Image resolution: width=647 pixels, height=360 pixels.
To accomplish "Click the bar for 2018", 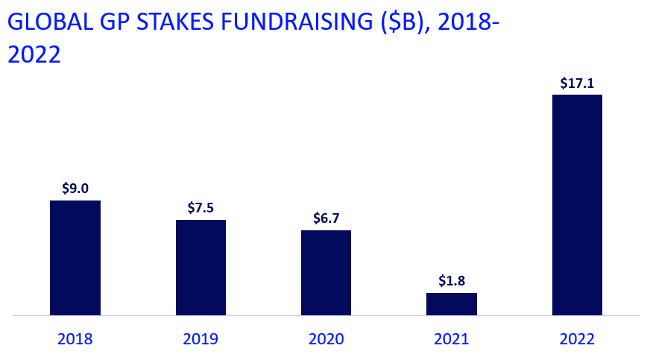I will pos(75,258).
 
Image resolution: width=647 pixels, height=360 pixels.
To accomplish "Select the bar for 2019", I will pos(201,268).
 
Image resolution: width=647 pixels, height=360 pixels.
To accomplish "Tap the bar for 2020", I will pos(326,273).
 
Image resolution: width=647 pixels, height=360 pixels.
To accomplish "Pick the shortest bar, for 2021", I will pos(451,304).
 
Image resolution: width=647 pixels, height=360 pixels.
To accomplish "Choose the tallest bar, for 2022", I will pos(577,205).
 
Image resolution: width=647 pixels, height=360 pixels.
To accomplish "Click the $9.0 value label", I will pos(75,189).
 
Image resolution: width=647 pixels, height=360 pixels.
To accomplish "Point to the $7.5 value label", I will pos(201,208).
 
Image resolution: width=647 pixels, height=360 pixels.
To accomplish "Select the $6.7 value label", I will pos(326,218).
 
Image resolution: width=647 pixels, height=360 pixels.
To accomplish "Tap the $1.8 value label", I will pos(451,281).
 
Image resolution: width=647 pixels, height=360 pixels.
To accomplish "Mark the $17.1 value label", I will pos(577,83).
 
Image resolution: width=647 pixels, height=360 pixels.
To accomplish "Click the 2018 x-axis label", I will pos(75,339).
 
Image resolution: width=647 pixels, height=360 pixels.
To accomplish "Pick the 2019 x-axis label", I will pos(201,339).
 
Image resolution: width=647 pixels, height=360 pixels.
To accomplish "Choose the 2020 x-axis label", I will pos(326,339).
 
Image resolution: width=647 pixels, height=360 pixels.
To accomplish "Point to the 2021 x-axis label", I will pos(451,339).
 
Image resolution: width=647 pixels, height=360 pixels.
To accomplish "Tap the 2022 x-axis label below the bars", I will pos(577,339).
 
